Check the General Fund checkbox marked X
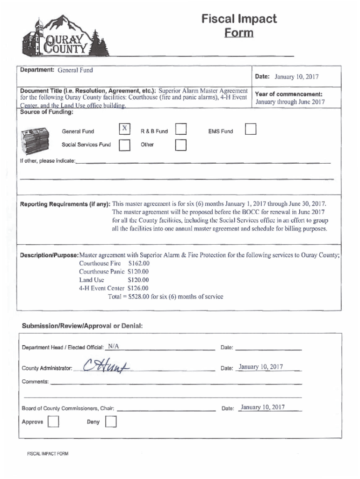[x=124, y=129]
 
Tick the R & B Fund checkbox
[x=181, y=130]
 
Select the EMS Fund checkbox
[x=251, y=130]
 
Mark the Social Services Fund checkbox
[x=124, y=146]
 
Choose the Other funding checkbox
[x=181, y=146]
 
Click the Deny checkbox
[x=111, y=423]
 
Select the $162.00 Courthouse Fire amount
[x=138, y=263]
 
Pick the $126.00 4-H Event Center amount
[x=138, y=288]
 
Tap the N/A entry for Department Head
[x=113, y=347]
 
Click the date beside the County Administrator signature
[x=260, y=367]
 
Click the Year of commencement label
[x=288, y=94]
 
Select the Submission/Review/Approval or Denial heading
[x=82, y=326]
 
